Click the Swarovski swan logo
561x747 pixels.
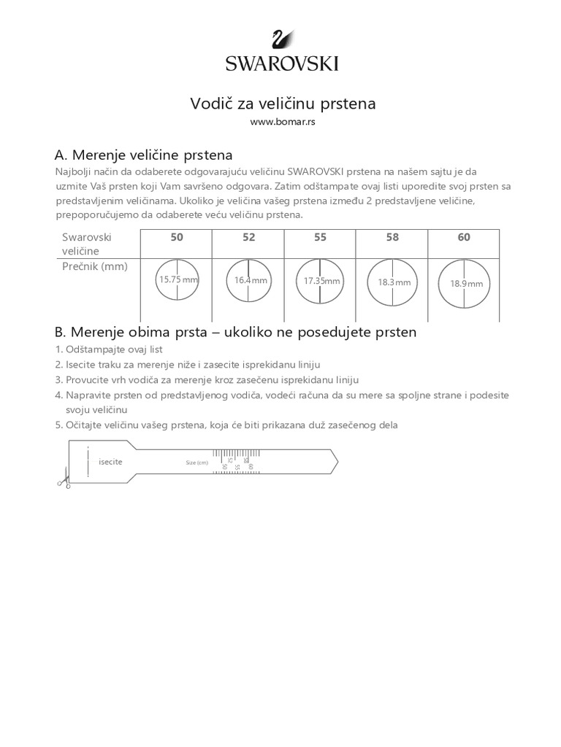click(280, 40)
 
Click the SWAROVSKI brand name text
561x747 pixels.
click(281, 63)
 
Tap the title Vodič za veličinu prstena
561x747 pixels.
click(283, 104)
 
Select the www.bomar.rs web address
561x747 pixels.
click(283, 123)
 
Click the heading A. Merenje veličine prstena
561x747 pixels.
click(144, 155)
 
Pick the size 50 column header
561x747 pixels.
click(177, 237)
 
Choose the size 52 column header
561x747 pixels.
click(248, 237)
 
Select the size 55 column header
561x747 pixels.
click(320, 237)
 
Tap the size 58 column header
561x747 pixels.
click(392, 237)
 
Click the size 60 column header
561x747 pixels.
click(464, 237)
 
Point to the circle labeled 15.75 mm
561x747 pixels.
click(177, 279)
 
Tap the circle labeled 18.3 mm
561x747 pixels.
click(394, 282)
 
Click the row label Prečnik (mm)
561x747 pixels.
click(94, 266)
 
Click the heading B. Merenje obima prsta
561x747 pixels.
click(235, 332)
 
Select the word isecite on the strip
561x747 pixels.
click(110, 462)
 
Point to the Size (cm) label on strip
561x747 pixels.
click(197, 462)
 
